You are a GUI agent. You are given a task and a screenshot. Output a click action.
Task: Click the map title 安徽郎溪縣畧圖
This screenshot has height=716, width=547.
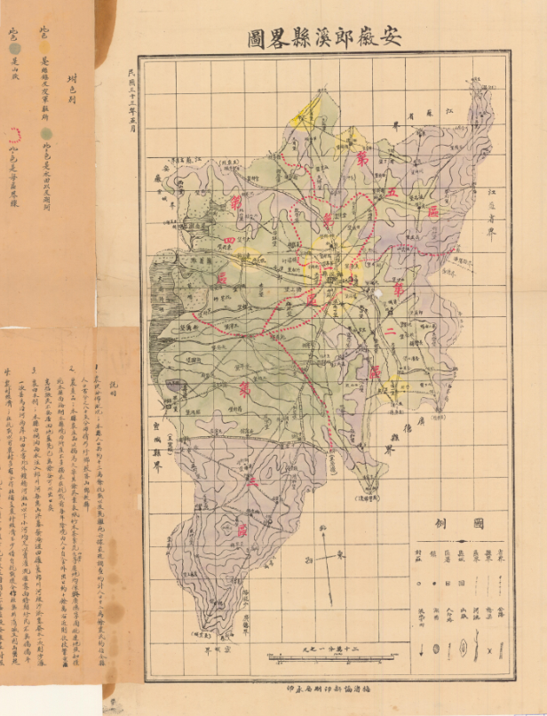324,37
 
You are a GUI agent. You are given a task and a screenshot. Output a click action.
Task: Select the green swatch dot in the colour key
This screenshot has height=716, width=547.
44,132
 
